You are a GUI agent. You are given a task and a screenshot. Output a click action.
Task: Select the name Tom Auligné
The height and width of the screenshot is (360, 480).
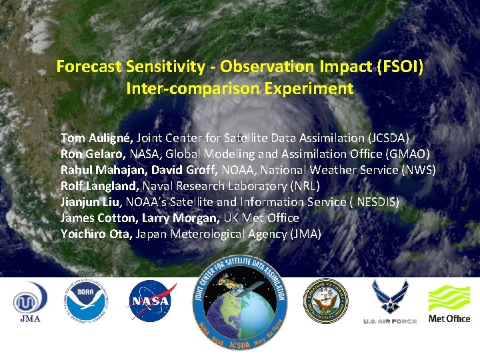point(97,138)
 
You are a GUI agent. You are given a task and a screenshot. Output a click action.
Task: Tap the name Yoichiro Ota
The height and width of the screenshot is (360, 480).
point(95,234)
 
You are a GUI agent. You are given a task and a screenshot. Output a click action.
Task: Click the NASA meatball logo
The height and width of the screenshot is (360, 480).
point(153,300)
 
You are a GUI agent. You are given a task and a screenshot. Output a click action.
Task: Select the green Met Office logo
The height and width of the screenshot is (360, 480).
point(449,303)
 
